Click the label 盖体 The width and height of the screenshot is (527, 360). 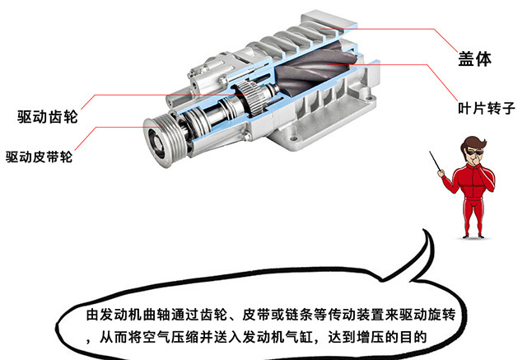[474, 58]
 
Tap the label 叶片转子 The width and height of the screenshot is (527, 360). [487, 108]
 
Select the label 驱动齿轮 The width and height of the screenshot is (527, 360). [48, 117]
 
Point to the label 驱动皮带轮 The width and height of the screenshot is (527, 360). [39, 157]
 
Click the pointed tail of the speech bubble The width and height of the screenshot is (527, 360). [425, 231]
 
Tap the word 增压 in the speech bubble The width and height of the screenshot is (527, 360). [370, 337]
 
